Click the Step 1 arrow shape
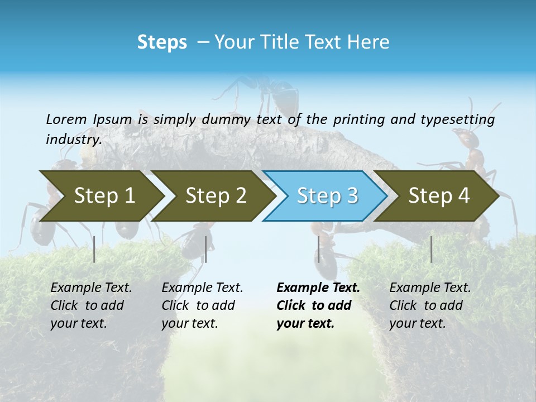point(104,195)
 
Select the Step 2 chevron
point(216,195)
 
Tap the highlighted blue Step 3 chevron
point(327,195)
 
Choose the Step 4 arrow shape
point(439,195)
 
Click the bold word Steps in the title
point(162,42)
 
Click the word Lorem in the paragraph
point(66,119)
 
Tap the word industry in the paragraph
point(73,139)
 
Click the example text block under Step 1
point(91,305)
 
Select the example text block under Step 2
point(202,305)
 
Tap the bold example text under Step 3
point(318,305)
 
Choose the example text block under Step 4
point(430,305)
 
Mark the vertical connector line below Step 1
point(94,249)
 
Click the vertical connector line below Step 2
point(206,249)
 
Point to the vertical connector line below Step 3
point(319,249)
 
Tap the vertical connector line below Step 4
point(431,249)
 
